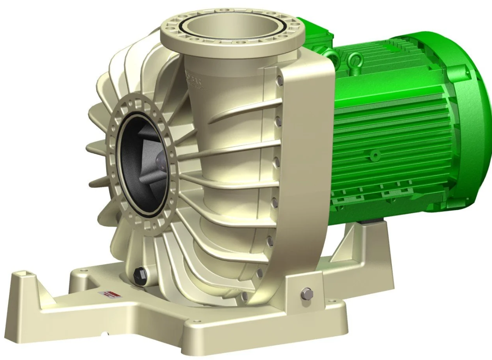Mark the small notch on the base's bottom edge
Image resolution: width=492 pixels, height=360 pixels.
click(x=105, y=333)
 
